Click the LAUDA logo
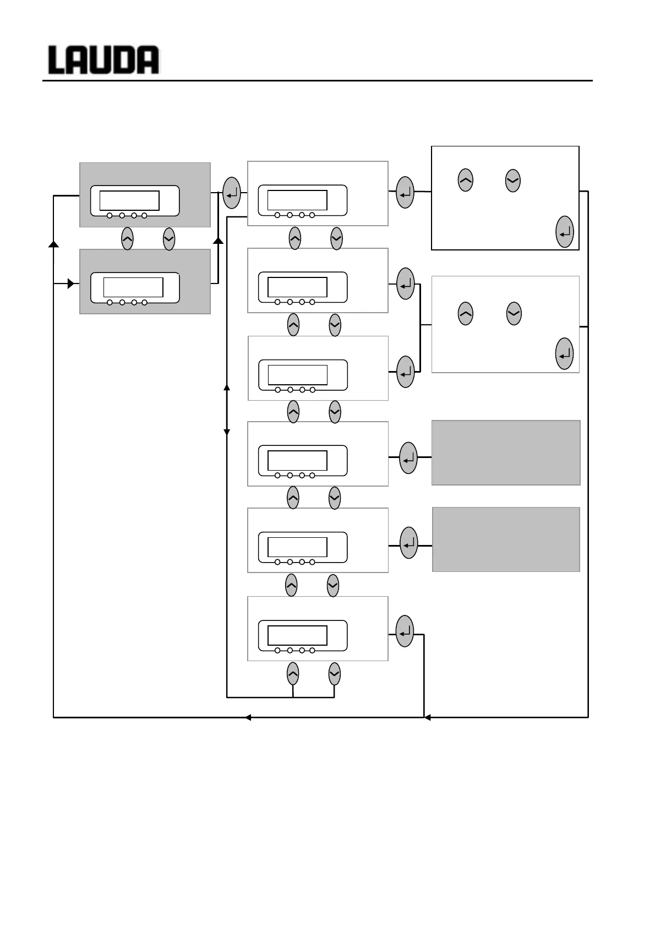tap(103, 60)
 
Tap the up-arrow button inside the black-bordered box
tap(465, 180)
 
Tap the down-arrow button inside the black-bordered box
tap(512, 180)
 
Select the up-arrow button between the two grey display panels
tap(127, 239)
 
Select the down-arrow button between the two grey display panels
tap(169, 239)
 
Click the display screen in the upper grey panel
tap(129, 200)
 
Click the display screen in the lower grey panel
tap(133, 287)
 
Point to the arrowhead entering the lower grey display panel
tap(71, 283)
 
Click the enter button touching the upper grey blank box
tap(408, 457)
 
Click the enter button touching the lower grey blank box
tap(409, 543)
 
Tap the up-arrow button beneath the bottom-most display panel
tap(293, 674)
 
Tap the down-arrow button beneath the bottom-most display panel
tap(334, 674)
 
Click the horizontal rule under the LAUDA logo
tap(318, 81)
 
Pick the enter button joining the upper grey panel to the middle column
tap(232, 193)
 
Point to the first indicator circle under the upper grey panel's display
tap(110, 216)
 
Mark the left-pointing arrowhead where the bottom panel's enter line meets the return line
tap(427, 717)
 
